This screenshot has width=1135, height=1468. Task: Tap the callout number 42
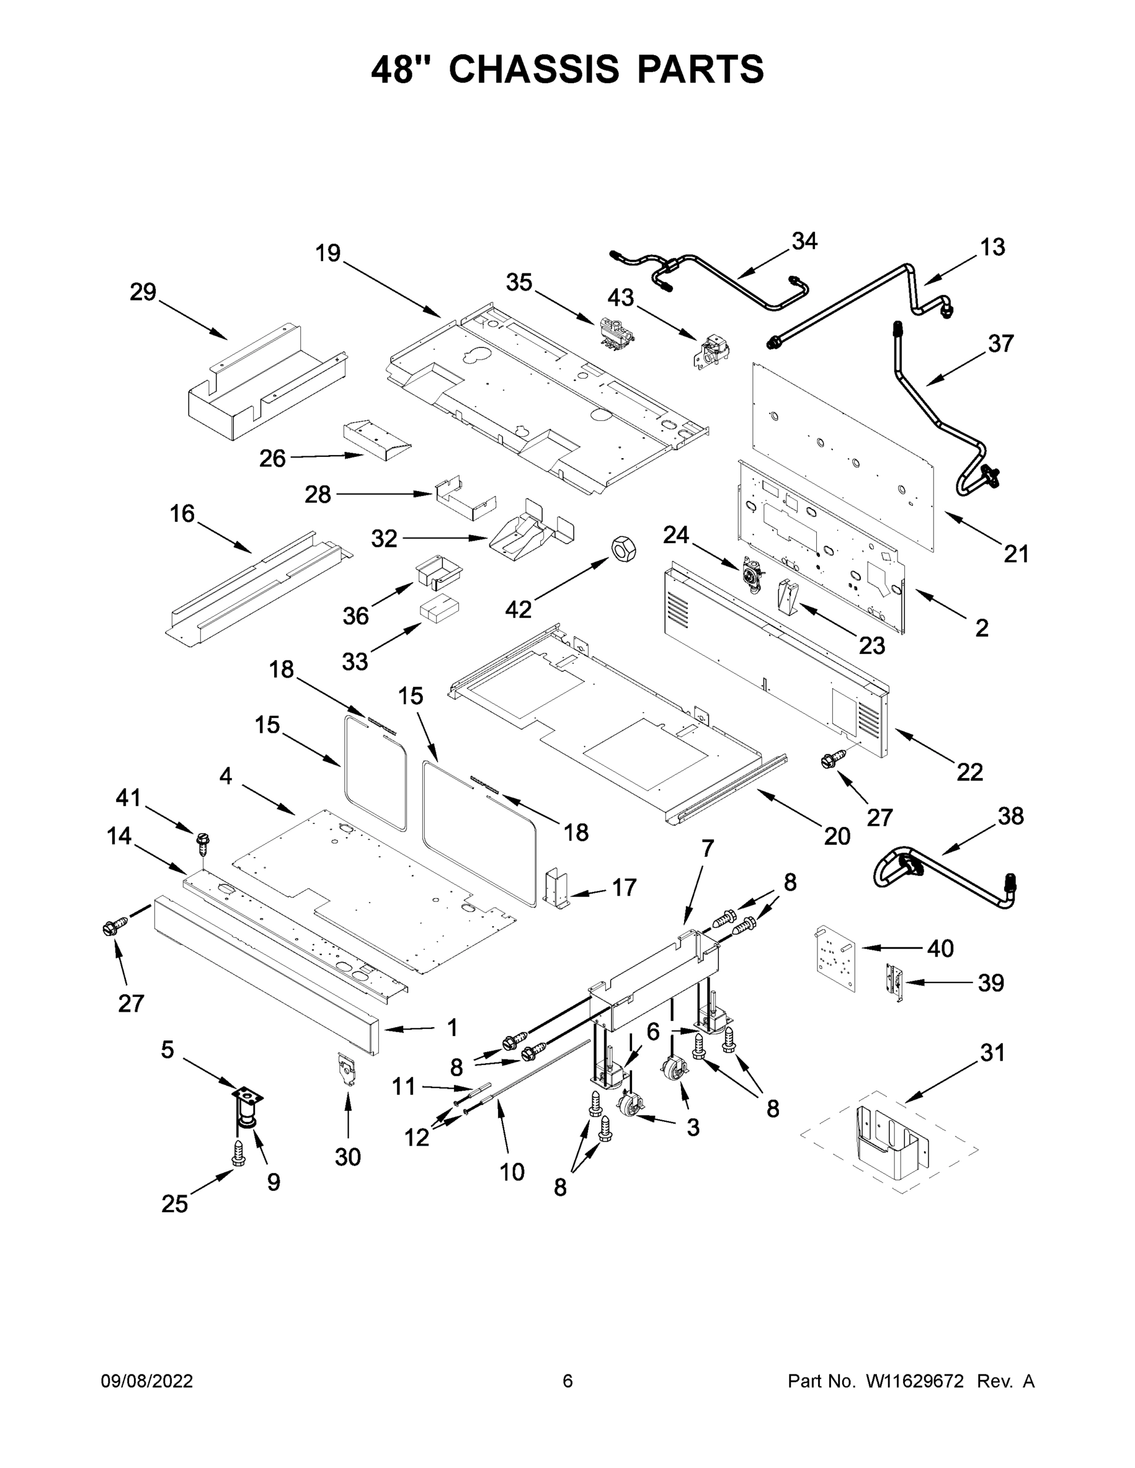point(518,609)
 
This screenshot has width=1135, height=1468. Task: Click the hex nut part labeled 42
point(623,549)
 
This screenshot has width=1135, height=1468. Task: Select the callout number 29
point(143,292)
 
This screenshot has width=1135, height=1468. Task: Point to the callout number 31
point(992,1053)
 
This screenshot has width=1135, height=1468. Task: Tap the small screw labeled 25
point(237,1154)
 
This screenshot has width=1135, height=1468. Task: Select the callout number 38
point(1010,816)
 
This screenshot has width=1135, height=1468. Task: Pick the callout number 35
point(519,283)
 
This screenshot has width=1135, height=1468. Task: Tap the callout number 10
point(512,1172)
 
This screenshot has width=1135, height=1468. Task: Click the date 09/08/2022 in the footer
point(147,1381)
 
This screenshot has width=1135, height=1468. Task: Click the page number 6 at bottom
point(568,1381)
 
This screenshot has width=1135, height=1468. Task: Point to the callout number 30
point(348,1157)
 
